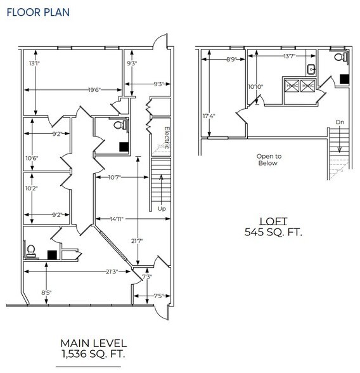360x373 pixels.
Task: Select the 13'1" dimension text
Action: (34, 63)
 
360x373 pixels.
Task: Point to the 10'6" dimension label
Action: (32, 159)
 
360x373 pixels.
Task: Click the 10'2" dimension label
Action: (32, 188)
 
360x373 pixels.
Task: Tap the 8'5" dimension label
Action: (46, 292)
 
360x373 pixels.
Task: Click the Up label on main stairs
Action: (161, 208)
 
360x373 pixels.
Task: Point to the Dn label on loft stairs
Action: (339, 122)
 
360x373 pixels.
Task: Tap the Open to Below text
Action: (269, 159)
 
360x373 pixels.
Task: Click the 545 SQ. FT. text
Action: (273, 233)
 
